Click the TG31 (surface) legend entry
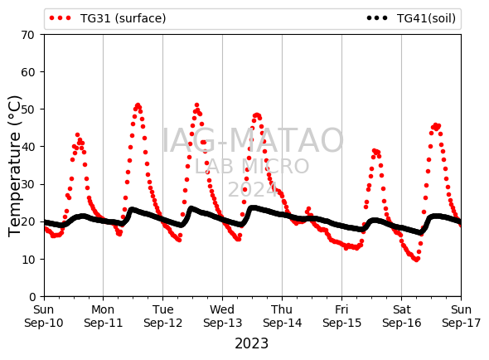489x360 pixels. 108,18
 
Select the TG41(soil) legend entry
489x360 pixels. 411,18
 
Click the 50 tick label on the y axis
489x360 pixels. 27,109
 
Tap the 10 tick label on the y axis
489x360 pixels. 27,259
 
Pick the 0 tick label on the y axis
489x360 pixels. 32,297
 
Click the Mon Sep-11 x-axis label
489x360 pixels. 104,316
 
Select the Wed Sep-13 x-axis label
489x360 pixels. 222,316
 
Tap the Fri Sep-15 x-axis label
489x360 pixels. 341,316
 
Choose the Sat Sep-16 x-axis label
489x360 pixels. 401,316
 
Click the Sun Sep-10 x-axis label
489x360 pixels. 44,316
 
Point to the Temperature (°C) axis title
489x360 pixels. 14,166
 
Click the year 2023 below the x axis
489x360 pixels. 251,343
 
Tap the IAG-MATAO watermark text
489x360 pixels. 253,140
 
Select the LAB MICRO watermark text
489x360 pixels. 252,166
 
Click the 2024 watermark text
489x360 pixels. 253,189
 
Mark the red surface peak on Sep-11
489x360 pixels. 138,105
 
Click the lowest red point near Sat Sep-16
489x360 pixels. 417,260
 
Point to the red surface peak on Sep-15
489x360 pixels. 375,151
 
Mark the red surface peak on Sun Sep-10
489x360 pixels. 77,135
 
